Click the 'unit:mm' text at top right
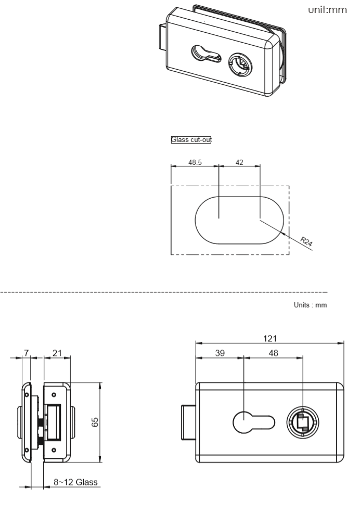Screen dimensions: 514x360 [x=329, y=11]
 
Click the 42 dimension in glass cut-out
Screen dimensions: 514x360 [x=239, y=162]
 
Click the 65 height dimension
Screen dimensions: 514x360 [x=94, y=422]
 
